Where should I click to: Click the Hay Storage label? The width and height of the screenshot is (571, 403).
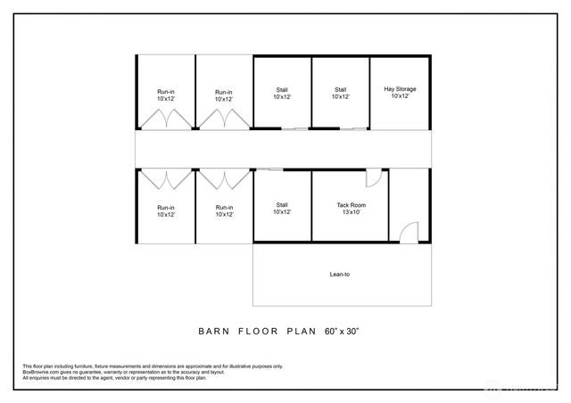pos(400,89)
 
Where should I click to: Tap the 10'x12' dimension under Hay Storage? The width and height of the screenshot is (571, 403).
pos(400,96)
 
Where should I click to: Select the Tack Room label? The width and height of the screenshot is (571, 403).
pos(351,205)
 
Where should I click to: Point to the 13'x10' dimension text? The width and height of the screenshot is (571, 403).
pos(351,213)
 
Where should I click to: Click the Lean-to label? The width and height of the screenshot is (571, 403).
pos(341,274)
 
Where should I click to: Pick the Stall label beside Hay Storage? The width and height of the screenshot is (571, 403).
pos(340,89)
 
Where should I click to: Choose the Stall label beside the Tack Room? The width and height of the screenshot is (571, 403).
pos(282,205)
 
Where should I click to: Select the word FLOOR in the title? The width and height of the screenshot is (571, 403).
pos(258,331)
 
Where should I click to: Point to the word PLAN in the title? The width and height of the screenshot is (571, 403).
pos(301,331)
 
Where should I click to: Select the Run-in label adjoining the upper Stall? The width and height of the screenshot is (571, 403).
pos(224,92)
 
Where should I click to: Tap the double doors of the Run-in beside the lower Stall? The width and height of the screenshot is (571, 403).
pos(224,179)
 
